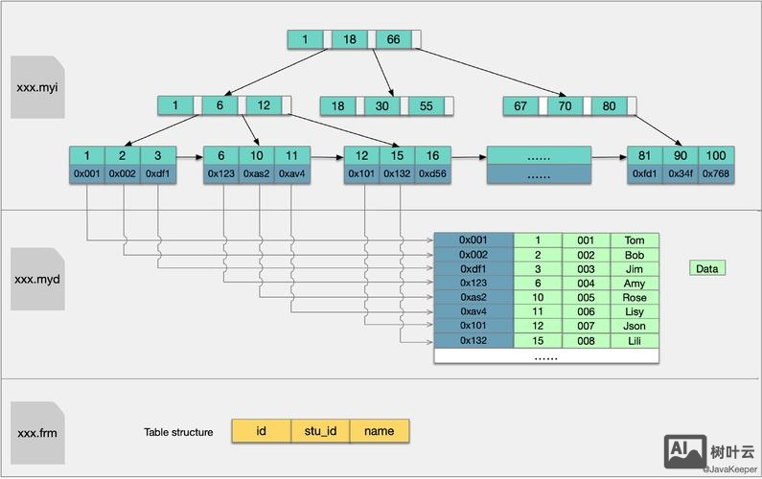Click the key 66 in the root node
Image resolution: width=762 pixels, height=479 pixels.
pos(393,39)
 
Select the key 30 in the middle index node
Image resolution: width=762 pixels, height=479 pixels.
pos(381,106)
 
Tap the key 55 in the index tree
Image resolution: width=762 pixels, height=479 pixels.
pos(426,106)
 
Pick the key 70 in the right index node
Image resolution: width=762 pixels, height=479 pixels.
pos(566,106)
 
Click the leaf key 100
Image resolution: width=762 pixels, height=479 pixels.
pos(715,155)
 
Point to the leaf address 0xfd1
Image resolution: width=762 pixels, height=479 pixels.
pos(645,173)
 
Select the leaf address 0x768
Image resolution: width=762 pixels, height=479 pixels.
pos(715,173)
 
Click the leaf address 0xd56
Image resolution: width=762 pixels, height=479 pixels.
pos(433,173)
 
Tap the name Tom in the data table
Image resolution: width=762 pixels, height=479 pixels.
pos(635,240)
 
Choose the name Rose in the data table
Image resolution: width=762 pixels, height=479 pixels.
pos(635,298)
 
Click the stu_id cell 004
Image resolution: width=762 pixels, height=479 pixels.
pos(586,284)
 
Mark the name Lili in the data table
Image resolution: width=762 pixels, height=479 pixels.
pos(635,341)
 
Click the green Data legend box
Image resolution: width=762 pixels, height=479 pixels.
pos(706,268)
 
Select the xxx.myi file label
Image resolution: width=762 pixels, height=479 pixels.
pos(38,87)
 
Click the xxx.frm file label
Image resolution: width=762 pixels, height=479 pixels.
pos(38,432)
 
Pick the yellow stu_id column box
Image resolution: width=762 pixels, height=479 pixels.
pos(320,431)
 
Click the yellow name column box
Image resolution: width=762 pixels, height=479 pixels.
pos(380,431)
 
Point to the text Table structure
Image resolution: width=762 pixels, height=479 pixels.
pos(178,432)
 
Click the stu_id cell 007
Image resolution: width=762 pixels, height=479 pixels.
pos(586,327)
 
